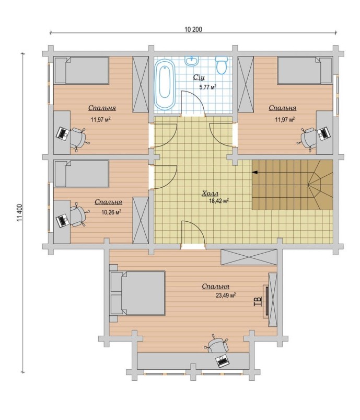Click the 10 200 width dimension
pos(193,29)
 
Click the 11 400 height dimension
pos(19,213)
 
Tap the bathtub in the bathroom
pos(165,85)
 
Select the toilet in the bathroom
pos(222,65)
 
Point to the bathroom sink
pos(192,61)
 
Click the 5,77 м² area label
pos(207,87)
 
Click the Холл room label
pos(210,193)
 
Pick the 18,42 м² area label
pos(218,201)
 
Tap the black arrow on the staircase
pos(256,172)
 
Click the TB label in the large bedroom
pos(258,301)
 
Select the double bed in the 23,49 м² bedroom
pos(137,293)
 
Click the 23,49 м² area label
pos(225,295)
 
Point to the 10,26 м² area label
pos(111,212)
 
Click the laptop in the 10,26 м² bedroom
pos(62,220)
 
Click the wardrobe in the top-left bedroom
pos(141,84)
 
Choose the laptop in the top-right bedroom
pos(323,133)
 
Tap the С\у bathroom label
pos(199,77)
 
